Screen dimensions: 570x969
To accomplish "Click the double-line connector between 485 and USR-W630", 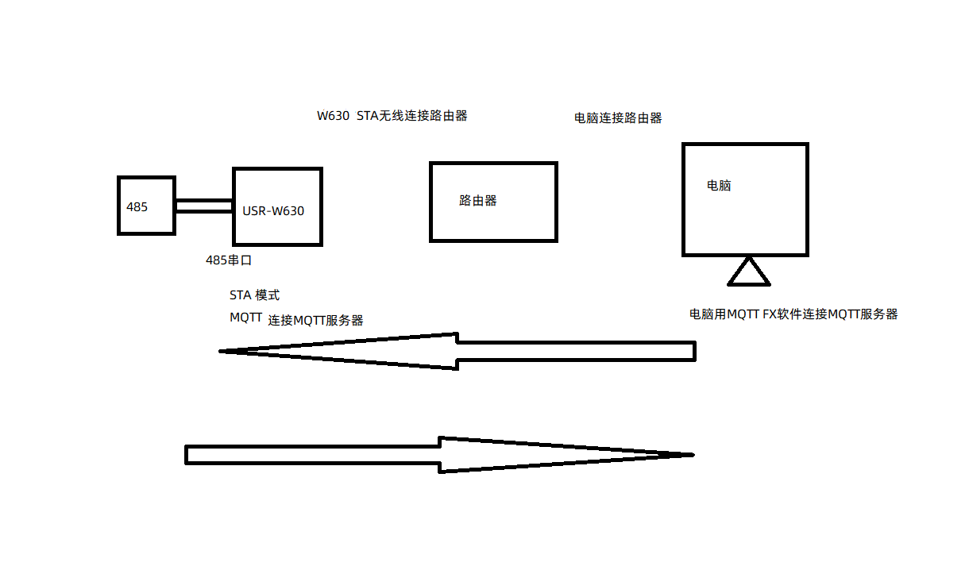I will pyautogui.click(x=203, y=206).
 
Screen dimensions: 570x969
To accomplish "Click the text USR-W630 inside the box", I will pyautogui.click(x=273, y=211).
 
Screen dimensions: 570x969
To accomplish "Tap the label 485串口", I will pyautogui.click(x=229, y=260).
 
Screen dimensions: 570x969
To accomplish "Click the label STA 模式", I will pyautogui.click(x=254, y=295).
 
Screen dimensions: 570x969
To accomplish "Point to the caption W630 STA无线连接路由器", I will pyautogui.click(x=392, y=116).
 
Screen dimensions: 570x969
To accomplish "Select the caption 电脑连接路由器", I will pyautogui.click(x=618, y=118).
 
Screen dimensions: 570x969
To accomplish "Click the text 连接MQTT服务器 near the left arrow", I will pyautogui.click(x=315, y=321).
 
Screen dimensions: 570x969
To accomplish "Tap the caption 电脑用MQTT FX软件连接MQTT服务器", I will pyautogui.click(x=793, y=314).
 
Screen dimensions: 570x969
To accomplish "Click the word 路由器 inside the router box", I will pyautogui.click(x=478, y=201).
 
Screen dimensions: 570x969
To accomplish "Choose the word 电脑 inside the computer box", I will pyautogui.click(x=719, y=186).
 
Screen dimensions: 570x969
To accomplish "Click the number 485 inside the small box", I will pyautogui.click(x=137, y=206).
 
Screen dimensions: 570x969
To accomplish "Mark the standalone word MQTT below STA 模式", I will pyautogui.click(x=245, y=318).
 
